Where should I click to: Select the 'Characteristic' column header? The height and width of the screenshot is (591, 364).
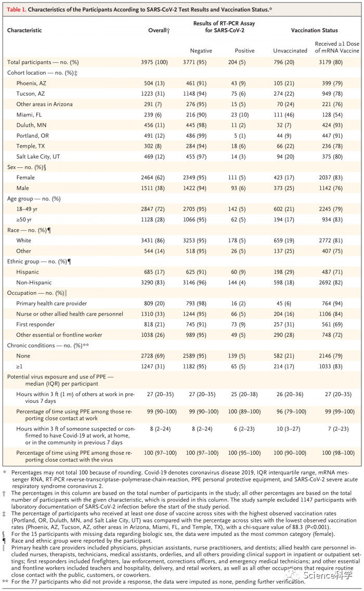coord(24,31)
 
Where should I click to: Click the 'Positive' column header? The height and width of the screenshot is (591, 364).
coord(245,50)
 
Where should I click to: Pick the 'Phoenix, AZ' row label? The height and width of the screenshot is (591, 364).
coord(32,83)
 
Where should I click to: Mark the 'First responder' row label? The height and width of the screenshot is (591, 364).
coord(36,324)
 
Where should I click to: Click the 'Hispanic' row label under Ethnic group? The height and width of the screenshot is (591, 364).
coord(28,272)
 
